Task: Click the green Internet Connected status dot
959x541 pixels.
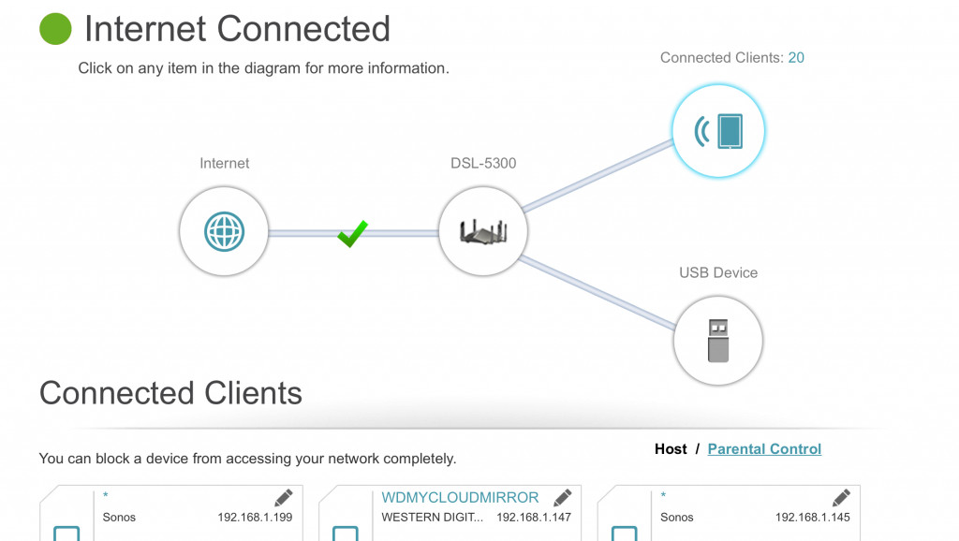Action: (55, 29)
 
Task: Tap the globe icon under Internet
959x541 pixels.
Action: (224, 232)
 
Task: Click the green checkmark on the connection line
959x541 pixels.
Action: (353, 233)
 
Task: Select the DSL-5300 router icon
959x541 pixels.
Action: (483, 232)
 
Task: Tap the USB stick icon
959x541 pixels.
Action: (718, 341)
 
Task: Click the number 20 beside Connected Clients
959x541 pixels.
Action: (796, 57)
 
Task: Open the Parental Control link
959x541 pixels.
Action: (764, 448)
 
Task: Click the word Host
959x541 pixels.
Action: (671, 448)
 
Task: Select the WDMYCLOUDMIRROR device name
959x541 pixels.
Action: (460, 498)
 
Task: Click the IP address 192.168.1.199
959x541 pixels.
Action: (255, 518)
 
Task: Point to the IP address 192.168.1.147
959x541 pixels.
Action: (534, 518)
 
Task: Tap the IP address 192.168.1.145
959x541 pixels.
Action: (813, 518)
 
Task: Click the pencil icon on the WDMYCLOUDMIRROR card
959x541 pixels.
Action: (563, 498)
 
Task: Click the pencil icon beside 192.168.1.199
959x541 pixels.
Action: (284, 498)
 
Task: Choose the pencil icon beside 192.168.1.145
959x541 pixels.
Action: (842, 498)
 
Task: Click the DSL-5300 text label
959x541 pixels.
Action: (483, 163)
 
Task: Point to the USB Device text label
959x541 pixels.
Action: (718, 272)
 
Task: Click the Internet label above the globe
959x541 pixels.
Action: (225, 163)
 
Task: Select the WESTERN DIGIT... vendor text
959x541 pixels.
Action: (433, 518)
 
